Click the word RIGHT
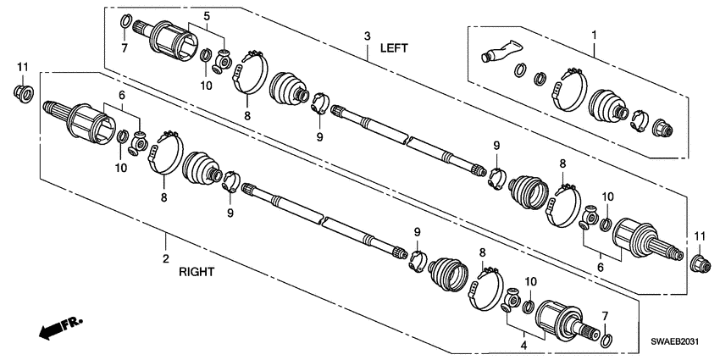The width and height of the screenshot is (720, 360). point(197,273)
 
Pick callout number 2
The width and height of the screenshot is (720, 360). point(166,258)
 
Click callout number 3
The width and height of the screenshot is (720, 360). point(368,36)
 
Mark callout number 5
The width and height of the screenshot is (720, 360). point(207,17)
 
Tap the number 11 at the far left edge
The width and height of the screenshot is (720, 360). point(23,65)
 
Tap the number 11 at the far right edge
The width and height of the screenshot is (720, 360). point(699,234)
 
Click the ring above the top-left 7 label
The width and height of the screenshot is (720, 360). point(125,21)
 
